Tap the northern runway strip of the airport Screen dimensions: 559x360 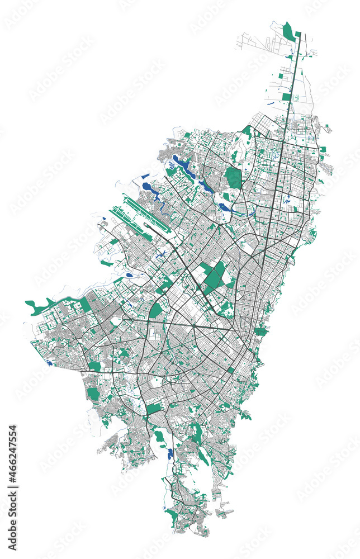point(147,209)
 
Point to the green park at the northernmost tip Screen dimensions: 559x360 point(289,31)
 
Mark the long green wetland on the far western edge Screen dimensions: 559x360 point(39,306)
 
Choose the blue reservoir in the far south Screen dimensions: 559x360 point(170,453)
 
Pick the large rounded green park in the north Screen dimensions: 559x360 point(234,178)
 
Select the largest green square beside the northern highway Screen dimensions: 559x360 point(286,97)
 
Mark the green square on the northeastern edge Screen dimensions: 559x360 point(323,150)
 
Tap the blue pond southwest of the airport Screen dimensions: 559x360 point(130,275)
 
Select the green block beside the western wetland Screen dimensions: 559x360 point(86,304)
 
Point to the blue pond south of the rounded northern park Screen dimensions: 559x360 point(225,207)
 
